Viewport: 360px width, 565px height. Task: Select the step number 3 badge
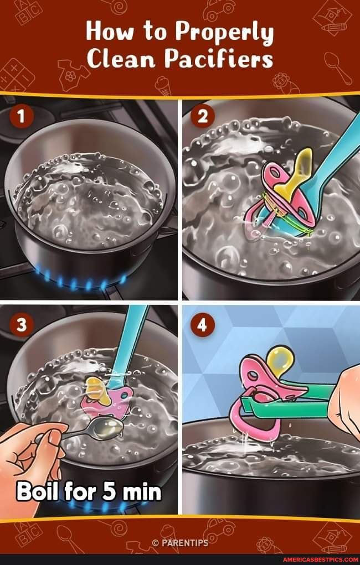(x=20, y=325)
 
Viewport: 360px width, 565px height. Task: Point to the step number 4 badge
(x=202, y=325)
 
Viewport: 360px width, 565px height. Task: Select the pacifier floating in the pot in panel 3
(x=105, y=396)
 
